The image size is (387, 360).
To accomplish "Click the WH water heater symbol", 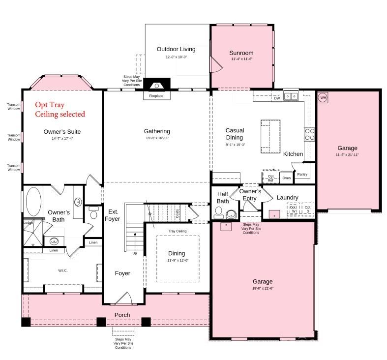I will click(323, 97).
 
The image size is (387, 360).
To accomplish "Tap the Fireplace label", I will click(156, 96).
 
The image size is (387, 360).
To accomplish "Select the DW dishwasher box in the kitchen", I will click(276, 98).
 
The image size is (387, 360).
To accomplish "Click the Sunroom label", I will click(241, 53).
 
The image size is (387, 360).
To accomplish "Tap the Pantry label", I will click(302, 174).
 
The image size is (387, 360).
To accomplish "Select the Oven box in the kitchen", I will click(286, 178).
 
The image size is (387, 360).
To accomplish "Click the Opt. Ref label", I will click(270, 178).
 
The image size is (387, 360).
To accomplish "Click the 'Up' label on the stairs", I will click(135, 253).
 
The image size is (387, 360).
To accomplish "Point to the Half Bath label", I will click(223, 197).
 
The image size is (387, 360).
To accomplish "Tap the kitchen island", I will click(269, 136).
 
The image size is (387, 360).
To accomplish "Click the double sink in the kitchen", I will click(291, 96).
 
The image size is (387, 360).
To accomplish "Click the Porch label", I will click(122, 315).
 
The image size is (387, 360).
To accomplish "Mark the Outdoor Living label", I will click(176, 49).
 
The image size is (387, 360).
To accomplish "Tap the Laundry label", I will click(287, 197).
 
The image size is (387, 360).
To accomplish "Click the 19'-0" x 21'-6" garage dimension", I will click(263, 288).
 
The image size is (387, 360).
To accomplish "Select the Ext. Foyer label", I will click(112, 215).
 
